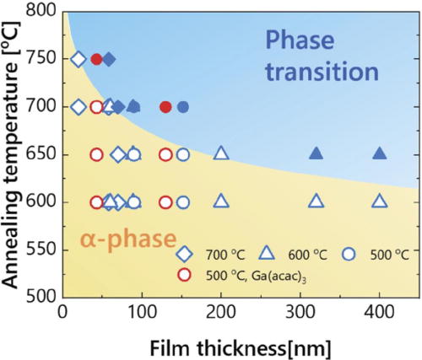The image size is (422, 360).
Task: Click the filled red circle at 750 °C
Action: [x=96, y=59]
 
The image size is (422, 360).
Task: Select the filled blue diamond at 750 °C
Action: [x=109, y=59]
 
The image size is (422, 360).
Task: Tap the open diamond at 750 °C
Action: [x=78, y=59]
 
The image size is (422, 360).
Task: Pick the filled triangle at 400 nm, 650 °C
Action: [x=380, y=153]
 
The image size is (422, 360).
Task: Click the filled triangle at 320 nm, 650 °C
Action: [x=316, y=153]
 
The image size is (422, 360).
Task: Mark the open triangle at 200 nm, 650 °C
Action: [x=221, y=153]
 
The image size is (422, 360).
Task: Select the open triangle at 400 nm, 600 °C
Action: [x=380, y=201]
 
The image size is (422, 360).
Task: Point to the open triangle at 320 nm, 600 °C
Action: [x=316, y=201]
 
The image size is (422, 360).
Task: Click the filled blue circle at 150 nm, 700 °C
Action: [x=183, y=107]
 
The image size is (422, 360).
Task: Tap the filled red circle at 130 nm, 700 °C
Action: [x=165, y=107]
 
